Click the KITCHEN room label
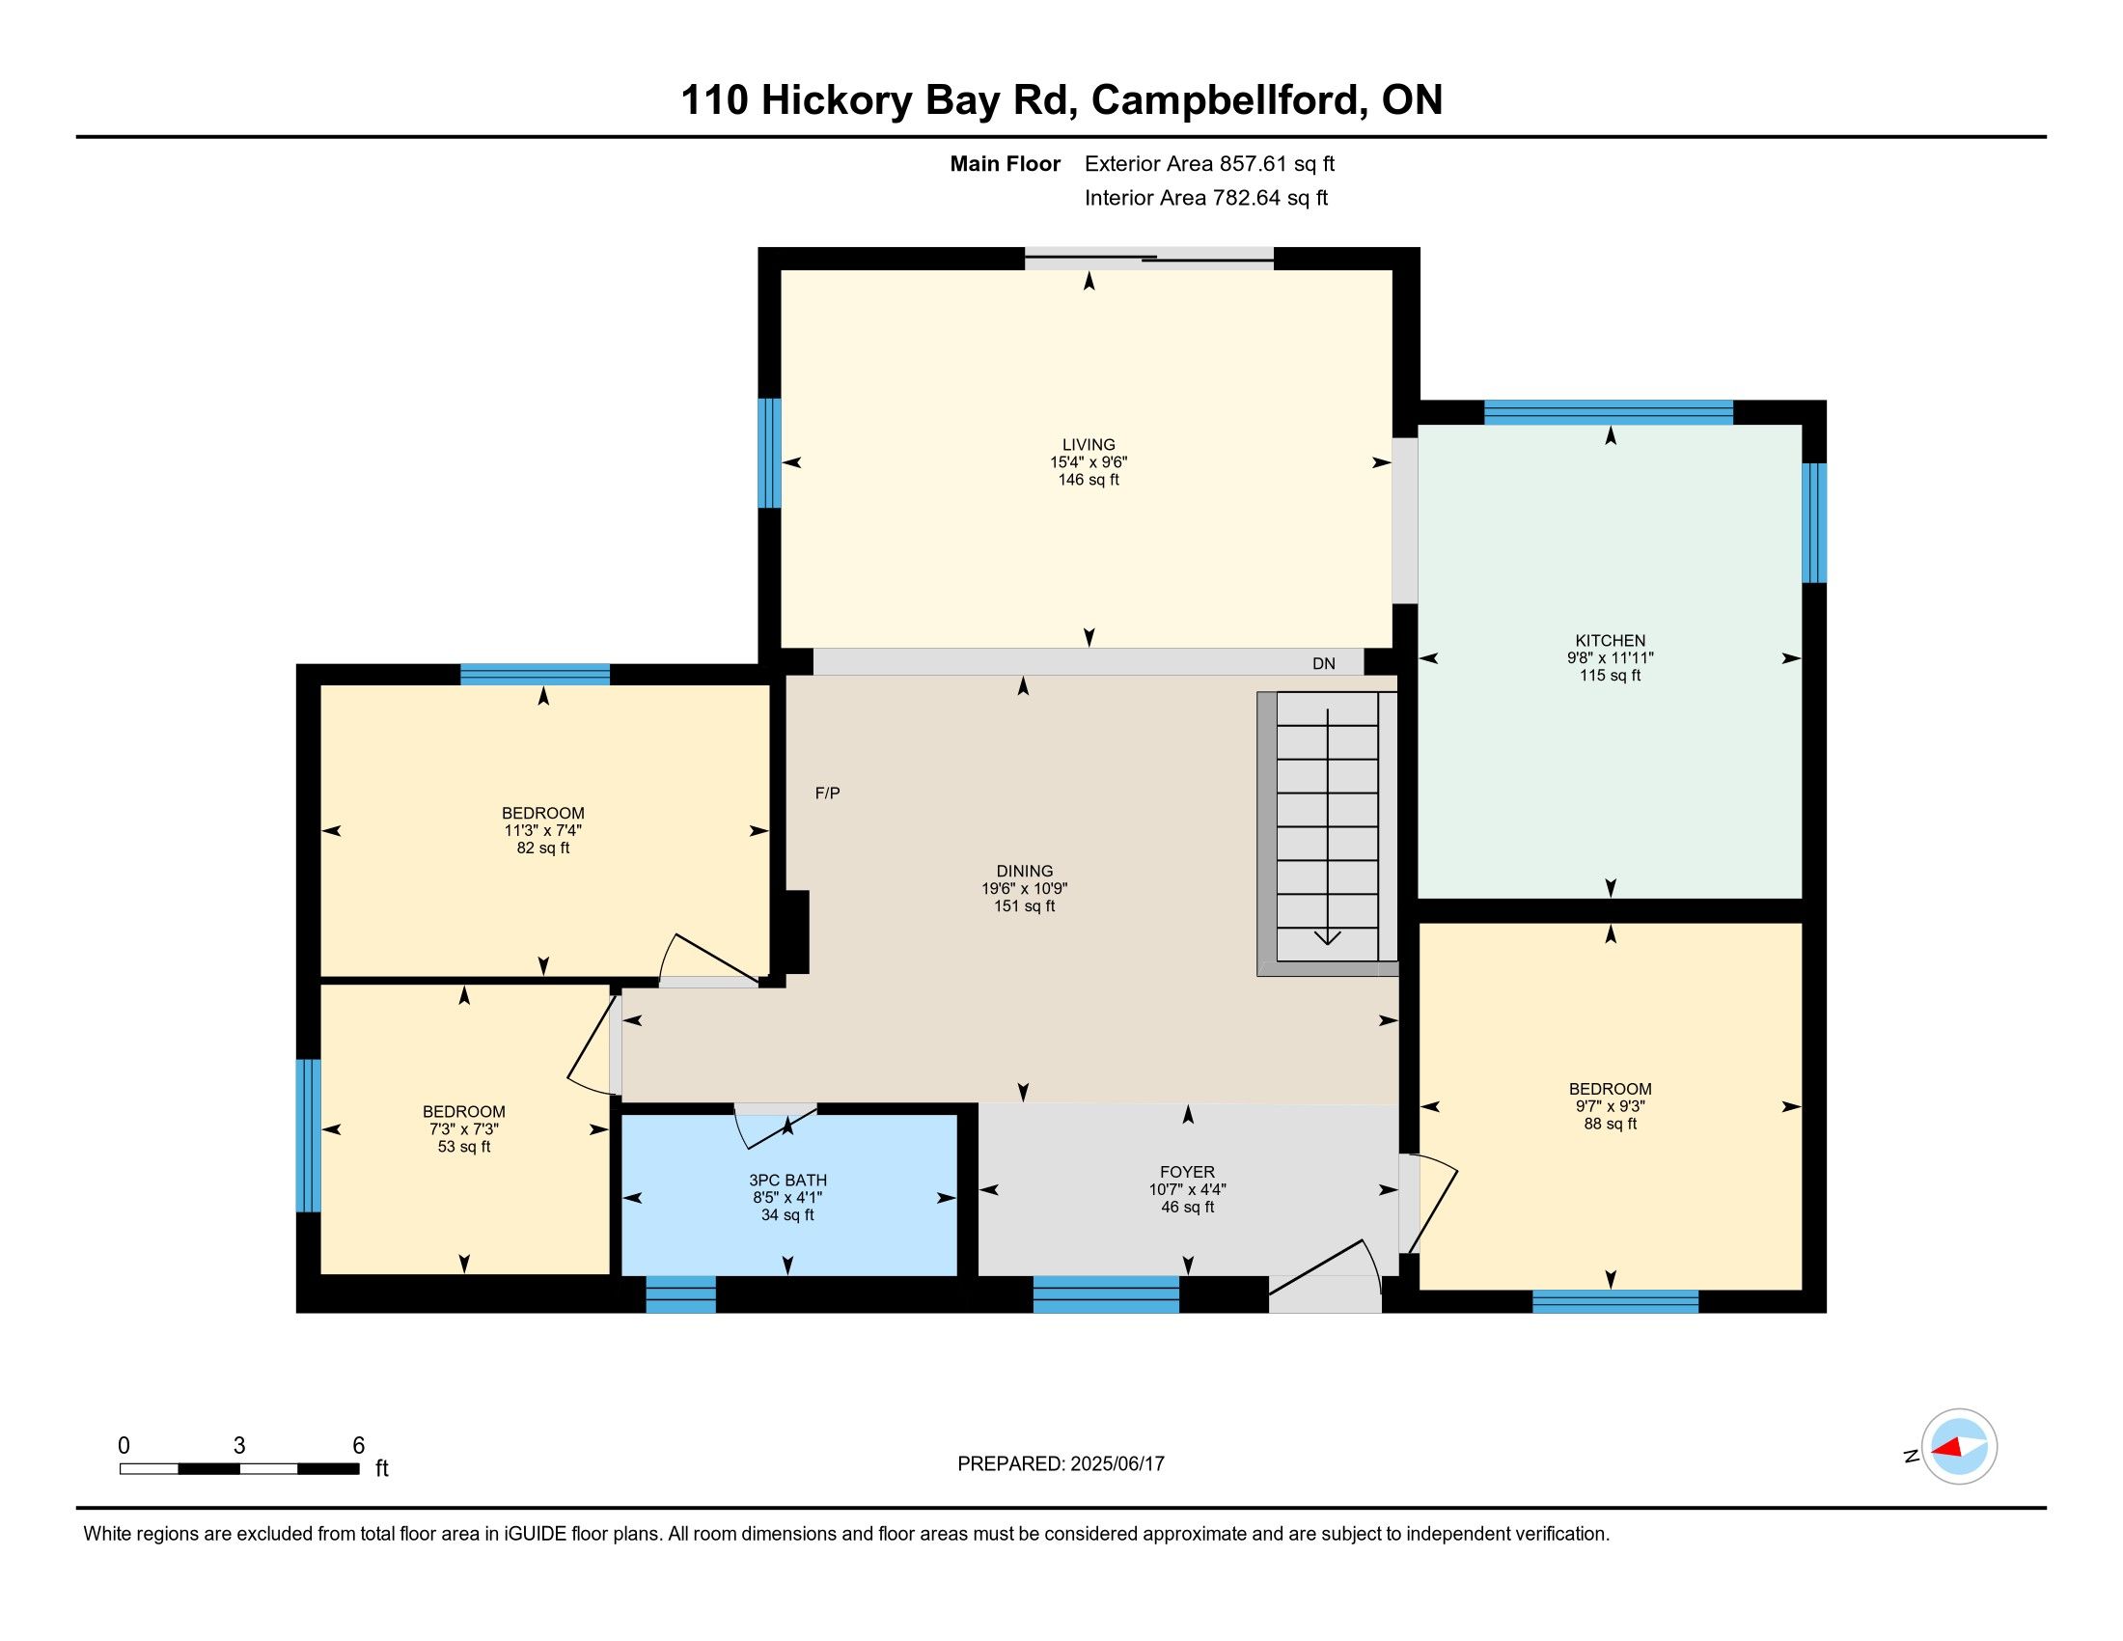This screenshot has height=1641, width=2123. (1610, 640)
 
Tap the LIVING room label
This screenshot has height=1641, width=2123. (1089, 444)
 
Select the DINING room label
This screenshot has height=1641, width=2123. (1025, 871)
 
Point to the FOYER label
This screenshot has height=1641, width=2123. (1187, 1173)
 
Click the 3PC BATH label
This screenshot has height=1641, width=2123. (787, 1181)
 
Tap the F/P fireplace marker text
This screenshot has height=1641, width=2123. (827, 793)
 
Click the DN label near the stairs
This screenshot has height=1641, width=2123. (1324, 664)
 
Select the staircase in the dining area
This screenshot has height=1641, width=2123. (1328, 833)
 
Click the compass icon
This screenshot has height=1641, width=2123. (1959, 1447)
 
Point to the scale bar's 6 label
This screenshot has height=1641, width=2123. (358, 1446)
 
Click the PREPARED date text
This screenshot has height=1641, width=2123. (1061, 1464)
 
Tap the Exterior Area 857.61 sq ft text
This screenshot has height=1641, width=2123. (1209, 164)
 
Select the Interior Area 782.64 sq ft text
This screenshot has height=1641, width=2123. (1205, 198)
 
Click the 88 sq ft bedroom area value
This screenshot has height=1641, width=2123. (1610, 1124)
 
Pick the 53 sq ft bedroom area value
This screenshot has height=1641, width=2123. (463, 1147)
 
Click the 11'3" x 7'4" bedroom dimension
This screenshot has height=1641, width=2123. (543, 831)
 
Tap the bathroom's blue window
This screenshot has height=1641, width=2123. (680, 1293)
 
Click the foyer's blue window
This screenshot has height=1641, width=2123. (1105, 1293)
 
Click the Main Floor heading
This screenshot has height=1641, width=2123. (1006, 164)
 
